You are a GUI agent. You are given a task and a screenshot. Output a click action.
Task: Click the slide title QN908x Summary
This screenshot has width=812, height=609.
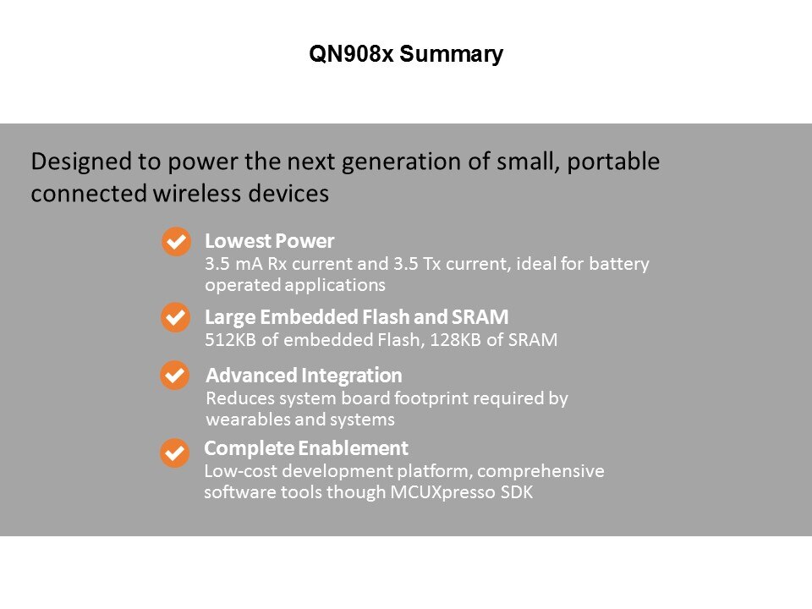(x=406, y=54)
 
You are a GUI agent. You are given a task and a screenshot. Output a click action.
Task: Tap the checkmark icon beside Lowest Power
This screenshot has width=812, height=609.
(x=176, y=241)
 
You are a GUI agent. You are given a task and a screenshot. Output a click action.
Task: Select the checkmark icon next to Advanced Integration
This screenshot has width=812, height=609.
(x=175, y=375)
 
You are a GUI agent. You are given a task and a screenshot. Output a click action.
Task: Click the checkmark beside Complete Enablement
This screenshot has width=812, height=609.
(x=174, y=453)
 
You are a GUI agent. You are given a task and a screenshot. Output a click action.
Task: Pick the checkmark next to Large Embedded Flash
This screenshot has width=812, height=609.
(x=176, y=317)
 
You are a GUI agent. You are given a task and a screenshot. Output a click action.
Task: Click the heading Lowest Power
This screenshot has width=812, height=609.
(x=269, y=241)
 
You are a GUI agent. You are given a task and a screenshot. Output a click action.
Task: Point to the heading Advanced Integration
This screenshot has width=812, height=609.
(x=304, y=375)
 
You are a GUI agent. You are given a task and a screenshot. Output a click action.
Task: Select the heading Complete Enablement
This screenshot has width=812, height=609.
(x=306, y=448)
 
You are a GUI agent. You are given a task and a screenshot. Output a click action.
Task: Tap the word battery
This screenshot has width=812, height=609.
(x=619, y=264)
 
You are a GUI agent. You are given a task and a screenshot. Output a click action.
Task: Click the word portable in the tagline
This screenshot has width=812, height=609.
(x=613, y=162)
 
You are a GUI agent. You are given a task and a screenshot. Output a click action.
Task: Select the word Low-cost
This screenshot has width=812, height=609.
(x=240, y=471)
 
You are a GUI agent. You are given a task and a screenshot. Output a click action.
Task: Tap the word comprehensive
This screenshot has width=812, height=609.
(x=540, y=471)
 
